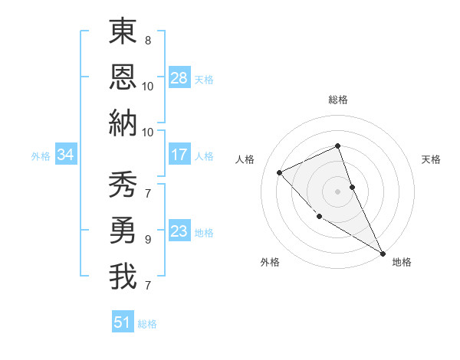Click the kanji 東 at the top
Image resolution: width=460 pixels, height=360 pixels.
pos(123,32)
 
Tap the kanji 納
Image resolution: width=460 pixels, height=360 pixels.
pos(123,122)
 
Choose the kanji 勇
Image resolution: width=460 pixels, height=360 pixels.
pos(123,231)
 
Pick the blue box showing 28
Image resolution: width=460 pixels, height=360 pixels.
pos(179,78)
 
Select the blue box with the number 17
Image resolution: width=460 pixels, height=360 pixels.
pos(179,155)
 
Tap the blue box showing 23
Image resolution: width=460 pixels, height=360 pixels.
pos(179,231)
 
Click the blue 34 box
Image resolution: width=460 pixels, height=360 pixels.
pos(66,155)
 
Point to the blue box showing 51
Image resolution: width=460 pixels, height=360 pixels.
pos(123,322)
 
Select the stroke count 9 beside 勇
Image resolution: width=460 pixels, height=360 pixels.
pos(147,239)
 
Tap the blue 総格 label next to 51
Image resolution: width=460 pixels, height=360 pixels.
pos(147,324)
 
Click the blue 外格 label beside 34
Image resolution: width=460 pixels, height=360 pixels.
pos(41,156)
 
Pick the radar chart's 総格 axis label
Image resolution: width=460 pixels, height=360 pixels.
pos(337,100)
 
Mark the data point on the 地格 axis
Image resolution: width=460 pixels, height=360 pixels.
pos(383,254)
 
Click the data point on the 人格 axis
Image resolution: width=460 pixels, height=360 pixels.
pos(280,172)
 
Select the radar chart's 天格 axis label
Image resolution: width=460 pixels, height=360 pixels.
pos(431,159)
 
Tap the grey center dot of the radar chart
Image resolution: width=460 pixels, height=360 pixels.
pos(337,191)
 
